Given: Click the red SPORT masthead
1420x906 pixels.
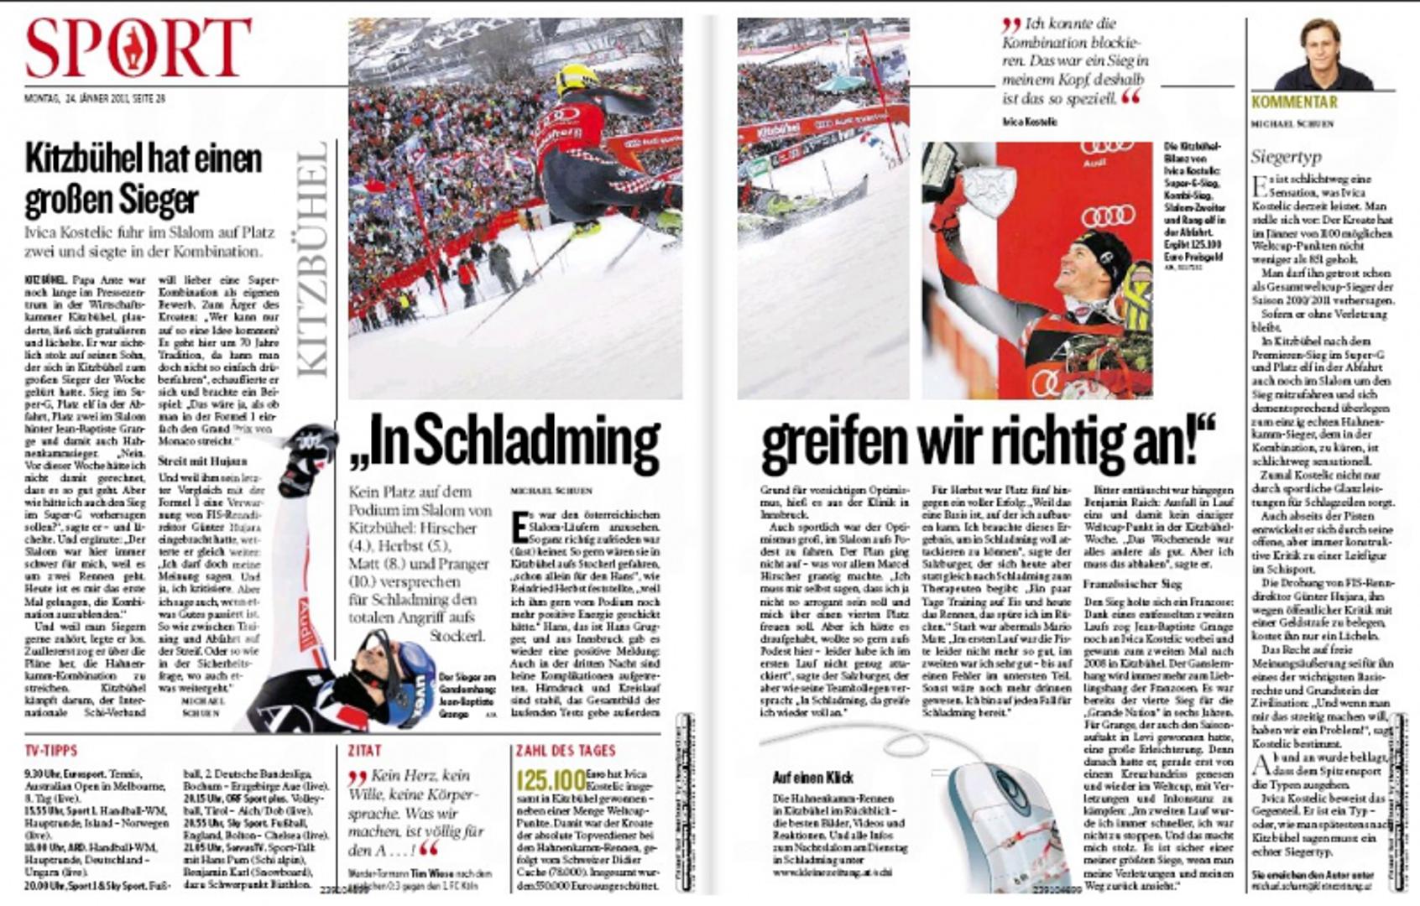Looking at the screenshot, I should tap(138, 48).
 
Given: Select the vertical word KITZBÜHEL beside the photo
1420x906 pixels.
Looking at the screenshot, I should tap(312, 260).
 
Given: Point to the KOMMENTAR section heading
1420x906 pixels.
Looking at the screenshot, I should tap(1294, 102).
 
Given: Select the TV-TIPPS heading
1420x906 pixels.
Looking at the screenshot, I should tap(51, 750).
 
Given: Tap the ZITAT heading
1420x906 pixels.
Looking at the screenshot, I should tap(364, 750).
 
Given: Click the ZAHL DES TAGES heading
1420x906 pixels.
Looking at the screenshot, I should tap(566, 750).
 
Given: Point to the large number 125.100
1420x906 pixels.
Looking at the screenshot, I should tap(551, 780).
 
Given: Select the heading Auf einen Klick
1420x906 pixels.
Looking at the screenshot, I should tap(812, 778).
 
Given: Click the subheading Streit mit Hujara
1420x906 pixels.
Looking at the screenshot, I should tap(202, 461).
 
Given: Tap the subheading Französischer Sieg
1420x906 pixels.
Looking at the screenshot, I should tap(1132, 583).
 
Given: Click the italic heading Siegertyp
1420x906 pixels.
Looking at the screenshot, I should tap(1286, 157).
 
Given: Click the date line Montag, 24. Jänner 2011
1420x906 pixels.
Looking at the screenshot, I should tap(94, 98).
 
